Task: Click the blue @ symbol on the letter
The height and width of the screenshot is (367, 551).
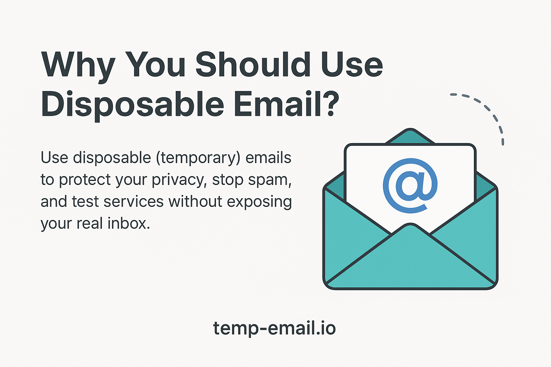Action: [x=410, y=186]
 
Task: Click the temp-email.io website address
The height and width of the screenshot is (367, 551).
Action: [x=274, y=328]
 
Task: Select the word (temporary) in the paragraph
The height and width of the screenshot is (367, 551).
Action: [x=198, y=158]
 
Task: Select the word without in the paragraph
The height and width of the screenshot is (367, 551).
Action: [x=196, y=201]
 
